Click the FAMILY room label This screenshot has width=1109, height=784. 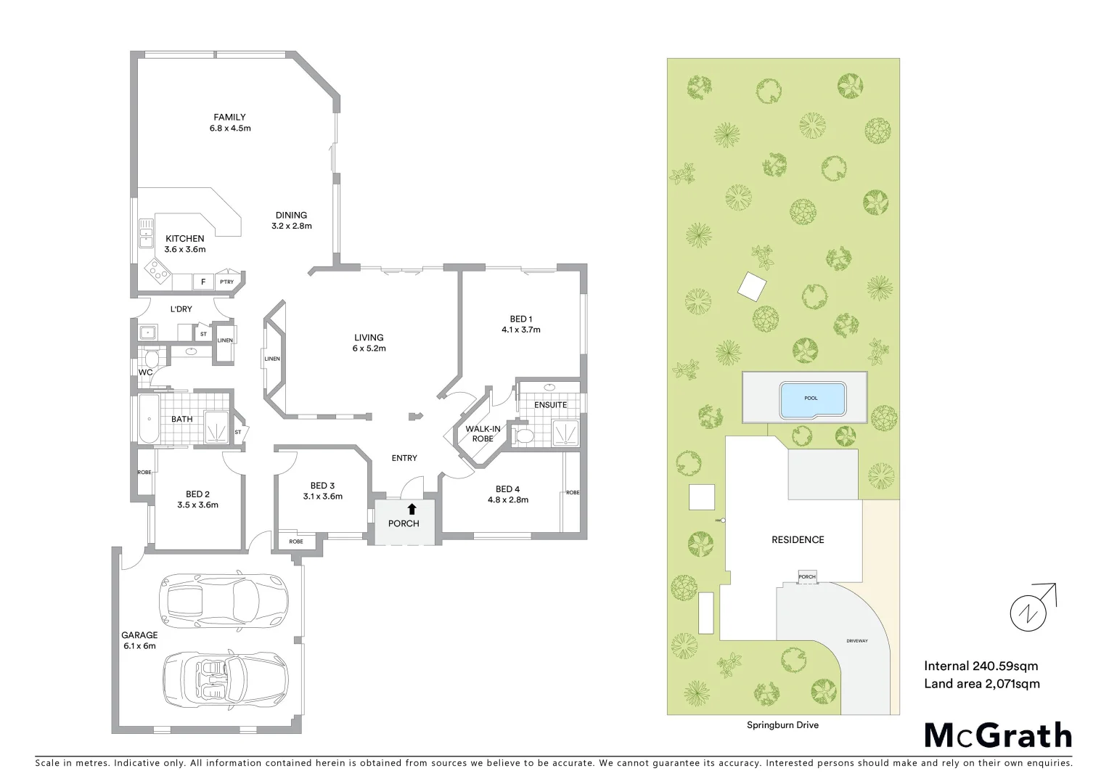[x=229, y=122]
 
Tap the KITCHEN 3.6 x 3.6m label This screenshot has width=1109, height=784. [x=185, y=244]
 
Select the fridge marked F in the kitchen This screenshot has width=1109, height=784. [x=203, y=282]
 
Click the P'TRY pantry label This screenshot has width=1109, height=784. [x=227, y=282]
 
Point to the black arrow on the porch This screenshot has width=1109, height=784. [x=412, y=509]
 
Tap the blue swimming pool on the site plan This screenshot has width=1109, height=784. [x=812, y=399]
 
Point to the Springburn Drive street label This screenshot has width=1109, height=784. [x=782, y=724]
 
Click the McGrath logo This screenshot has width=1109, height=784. [x=998, y=735]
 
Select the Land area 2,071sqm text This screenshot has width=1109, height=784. [x=981, y=683]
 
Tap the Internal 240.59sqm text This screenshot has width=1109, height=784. [x=981, y=666]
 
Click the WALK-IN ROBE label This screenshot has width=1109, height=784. [x=483, y=433]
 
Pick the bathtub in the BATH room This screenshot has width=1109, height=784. [x=147, y=419]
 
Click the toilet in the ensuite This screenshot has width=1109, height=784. [x=523, y=435]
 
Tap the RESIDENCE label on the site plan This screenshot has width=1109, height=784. [x=798, y=539]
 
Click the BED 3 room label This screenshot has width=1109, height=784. [x=322, y=491]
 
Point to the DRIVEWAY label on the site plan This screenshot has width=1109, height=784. [x=857, y=641]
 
